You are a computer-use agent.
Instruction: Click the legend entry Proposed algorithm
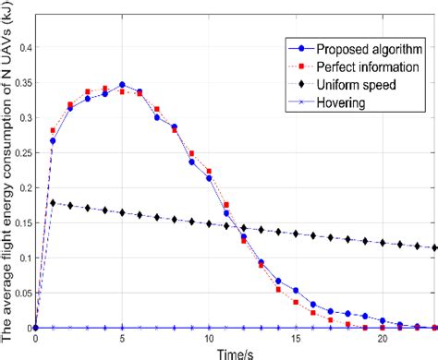(x=353, y=47)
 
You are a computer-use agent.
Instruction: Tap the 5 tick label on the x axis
(x=122, y=340)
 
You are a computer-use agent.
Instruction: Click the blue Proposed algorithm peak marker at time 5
(x=122, y=84)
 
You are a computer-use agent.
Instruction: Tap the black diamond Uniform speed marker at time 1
(x=53, y=202)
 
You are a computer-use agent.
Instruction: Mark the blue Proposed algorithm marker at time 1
(x=53, y=140)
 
